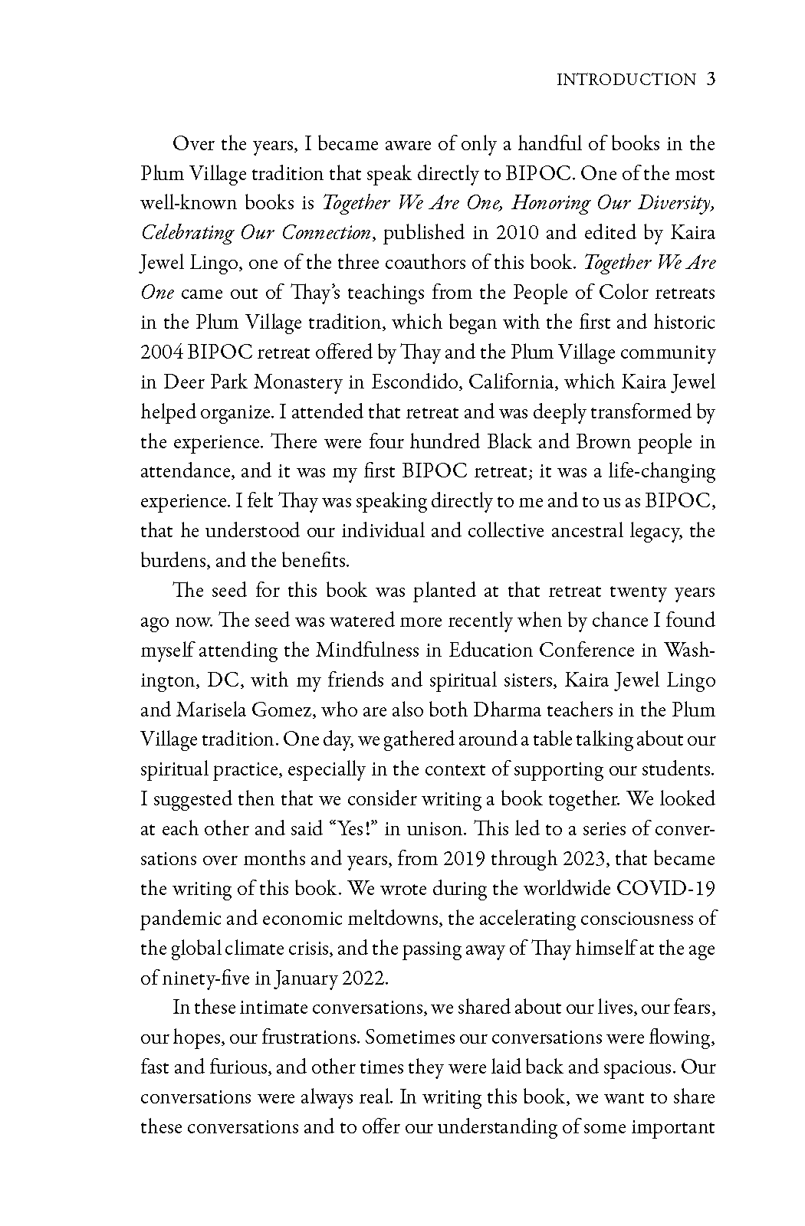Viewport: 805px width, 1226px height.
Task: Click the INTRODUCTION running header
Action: (x=625, y=80)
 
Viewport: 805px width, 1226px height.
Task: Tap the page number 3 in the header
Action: (x=710, y=79)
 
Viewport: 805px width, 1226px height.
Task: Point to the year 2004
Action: (x=158, y=352)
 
